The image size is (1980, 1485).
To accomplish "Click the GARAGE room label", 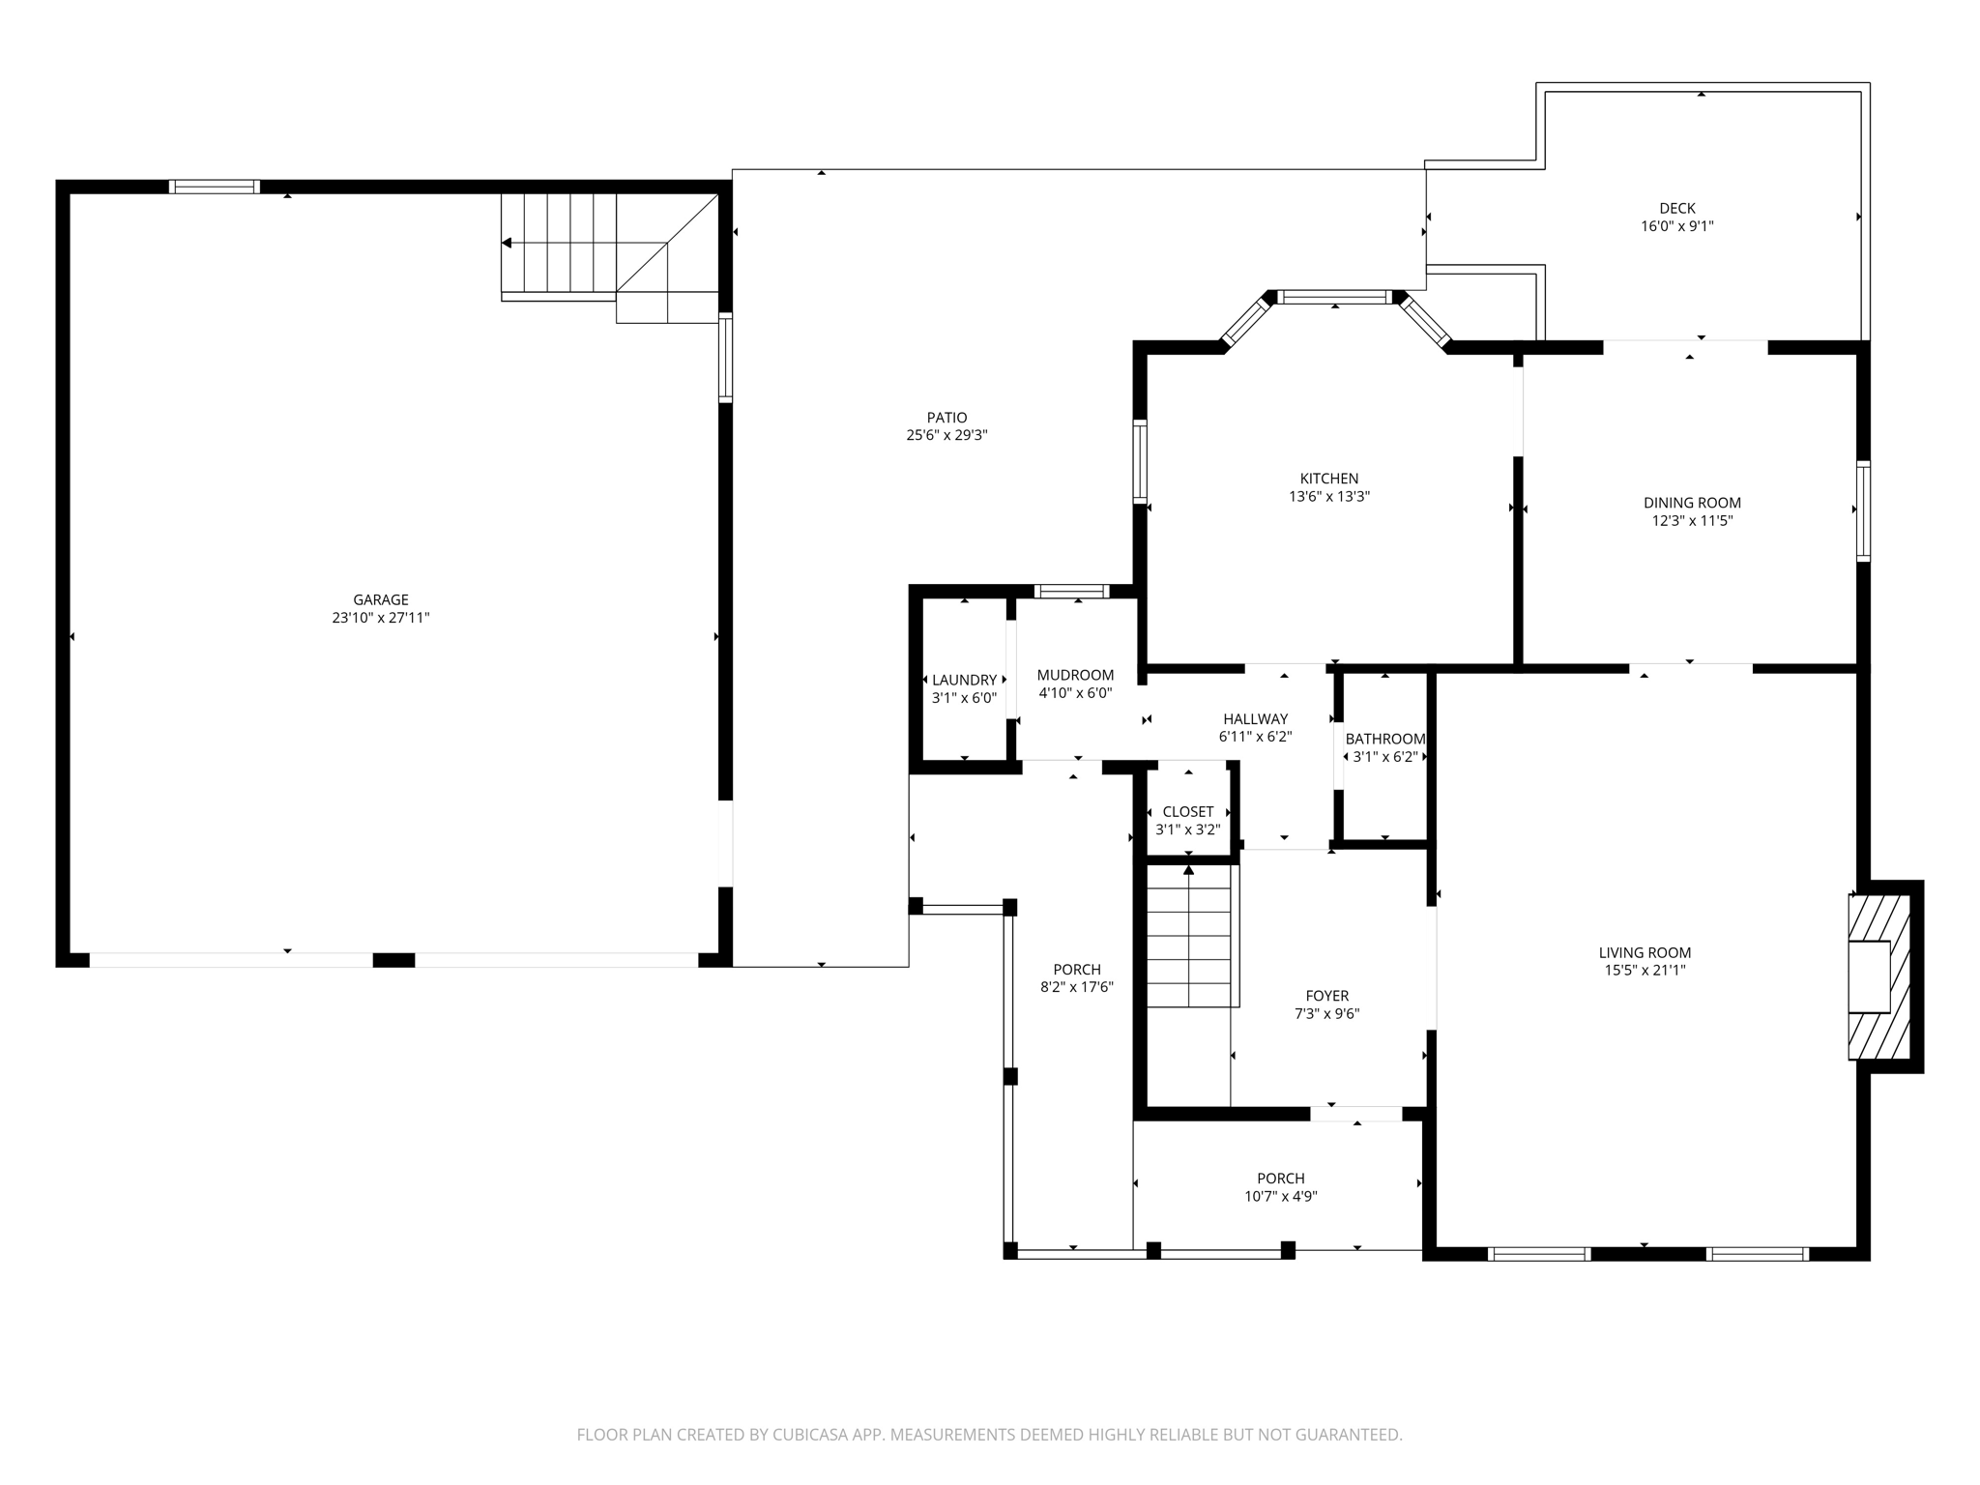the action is pyautogui.click(x=380, y=599).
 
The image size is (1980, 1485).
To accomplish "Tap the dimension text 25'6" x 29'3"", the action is pyautogui.click(x=946, y=436).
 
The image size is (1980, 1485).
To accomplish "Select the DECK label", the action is pyautogui.click(x=1677, y=208).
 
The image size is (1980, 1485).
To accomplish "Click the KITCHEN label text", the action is pyautogui.click(x=1328, y=479).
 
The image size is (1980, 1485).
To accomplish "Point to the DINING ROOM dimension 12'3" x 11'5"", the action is pyautogui.click(x=1692, y=521).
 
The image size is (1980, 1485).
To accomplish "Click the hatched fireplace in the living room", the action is pyautogui.click(x=1880, y=976).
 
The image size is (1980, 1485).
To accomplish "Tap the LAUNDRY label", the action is pyautogui.click(x=964, y=680).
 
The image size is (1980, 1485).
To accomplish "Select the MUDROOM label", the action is pyautogui.click(x=1075, y=675).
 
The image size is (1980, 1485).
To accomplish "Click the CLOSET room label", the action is pyautogui.click(x=1187, y=812).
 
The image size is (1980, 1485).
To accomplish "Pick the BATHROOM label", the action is pyautogui.click(x=1384, y=739).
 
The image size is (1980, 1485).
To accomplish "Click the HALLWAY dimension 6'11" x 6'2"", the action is pyautogui.click(x=1255, y=737).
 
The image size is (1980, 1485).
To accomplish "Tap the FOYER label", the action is pyautogui.click(x=1326, y=996).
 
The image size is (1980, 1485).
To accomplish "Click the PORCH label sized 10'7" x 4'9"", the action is pyautogui.click(x=1280, y=1179).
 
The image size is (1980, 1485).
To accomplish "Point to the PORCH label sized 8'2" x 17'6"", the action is pyautogui.click(x=1077, y=970).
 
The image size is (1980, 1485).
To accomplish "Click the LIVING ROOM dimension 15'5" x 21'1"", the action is pyautogui.click(x=1645, y=971).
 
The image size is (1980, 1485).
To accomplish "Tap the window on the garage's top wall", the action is pyautogui.click(x=214, y=187).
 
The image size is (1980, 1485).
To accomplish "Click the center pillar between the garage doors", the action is pyautogui.click(x=393, y=960).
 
